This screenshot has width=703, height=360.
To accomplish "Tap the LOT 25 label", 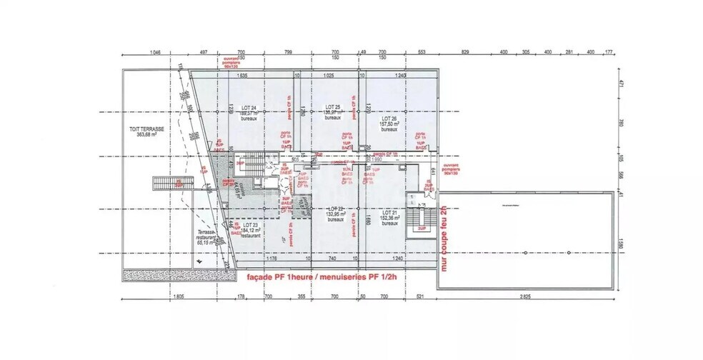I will click(x=330, y=109).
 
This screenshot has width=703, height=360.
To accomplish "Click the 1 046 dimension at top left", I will click(x=157, y=52).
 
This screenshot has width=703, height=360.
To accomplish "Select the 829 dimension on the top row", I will click(x=465, y=52).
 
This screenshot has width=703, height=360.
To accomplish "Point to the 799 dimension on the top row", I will click(x=289, y=52).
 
